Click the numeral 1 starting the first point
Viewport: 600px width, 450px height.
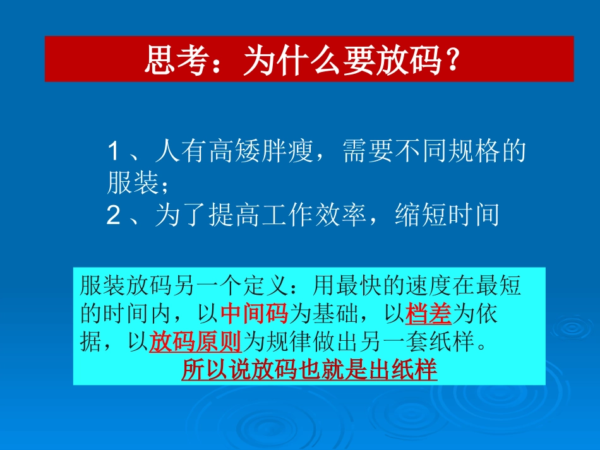114,151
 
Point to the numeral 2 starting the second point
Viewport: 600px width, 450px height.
114,216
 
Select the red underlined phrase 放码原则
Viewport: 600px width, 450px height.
196,341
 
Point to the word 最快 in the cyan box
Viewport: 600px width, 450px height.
359,286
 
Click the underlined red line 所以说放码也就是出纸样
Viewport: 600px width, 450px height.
309,369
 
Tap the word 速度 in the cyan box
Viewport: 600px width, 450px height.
429,286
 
